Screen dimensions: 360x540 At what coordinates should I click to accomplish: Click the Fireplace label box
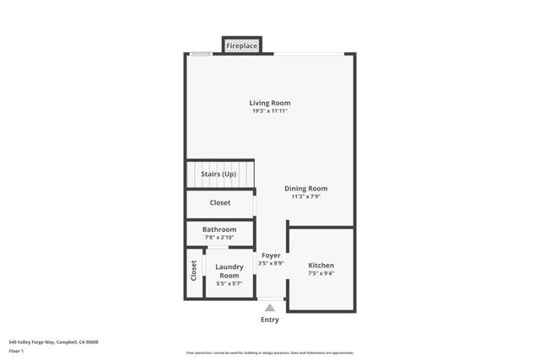[242, 46]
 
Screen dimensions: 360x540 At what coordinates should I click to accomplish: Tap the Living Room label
[270, 103]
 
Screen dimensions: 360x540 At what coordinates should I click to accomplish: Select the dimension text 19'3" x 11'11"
[270, 111]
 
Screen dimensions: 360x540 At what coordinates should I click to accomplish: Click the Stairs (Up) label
[218, 175]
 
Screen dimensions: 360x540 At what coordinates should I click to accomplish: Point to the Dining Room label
[305, 188]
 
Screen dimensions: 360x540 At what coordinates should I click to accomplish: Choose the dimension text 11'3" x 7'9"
[305, 196]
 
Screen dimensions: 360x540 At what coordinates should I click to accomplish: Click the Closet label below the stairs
[219, 202]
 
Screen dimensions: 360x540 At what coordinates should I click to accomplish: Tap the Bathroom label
[219, 229]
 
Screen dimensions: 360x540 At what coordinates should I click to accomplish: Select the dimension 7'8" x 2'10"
[219, 237]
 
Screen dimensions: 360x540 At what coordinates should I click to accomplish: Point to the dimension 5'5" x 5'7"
[229, 283]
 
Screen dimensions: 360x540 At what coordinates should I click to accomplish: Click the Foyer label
[271, 255]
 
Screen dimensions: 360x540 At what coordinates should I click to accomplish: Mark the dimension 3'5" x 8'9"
[271, 263]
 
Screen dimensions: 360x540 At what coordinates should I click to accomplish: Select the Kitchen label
[321, 265]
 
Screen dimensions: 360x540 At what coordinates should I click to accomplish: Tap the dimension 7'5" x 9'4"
[321, 273]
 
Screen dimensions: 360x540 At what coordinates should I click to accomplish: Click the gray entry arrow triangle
[270, 308]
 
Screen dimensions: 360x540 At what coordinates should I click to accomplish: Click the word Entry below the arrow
[270, 320]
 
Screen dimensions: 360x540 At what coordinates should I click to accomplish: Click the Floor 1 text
[16, 350]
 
